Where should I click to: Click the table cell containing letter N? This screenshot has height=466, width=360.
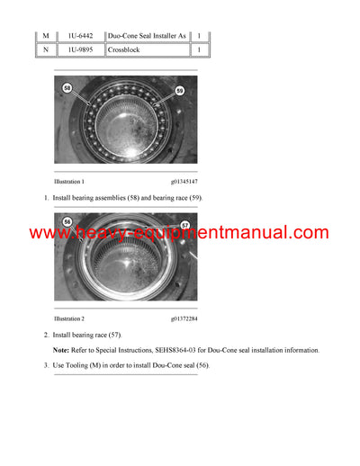coord(46,51)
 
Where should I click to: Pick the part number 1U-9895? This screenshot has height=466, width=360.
coord(79,51)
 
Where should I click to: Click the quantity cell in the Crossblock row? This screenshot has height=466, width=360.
coord(199,51)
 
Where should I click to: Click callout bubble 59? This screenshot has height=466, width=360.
coord(180,90)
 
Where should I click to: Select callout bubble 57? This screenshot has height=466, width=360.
coord(185,224)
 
